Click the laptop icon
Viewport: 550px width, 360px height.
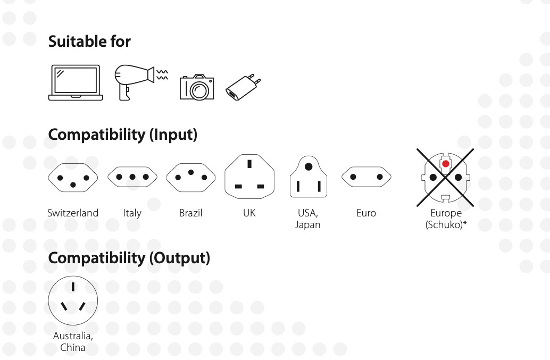click(x=76, y=83)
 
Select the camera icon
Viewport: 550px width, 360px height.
click(x=197, y=87)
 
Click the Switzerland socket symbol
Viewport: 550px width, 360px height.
click(x=73, y=178)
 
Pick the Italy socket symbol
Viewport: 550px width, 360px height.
click(x=132, y=177)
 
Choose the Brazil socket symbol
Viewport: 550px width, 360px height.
click(x=191, y=178)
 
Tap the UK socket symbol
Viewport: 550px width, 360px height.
click(x=249, y=177)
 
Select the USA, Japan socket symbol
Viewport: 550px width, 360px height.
click(x=309, y=177)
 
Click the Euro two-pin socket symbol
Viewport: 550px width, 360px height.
click(x=366, y=177)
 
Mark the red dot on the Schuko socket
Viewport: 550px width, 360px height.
click(x=445, y=164)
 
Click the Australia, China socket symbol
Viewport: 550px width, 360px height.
click(x=73, y=300)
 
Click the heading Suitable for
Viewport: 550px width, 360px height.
click(x=89, y=41)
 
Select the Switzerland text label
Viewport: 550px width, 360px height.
click(x=73, y=213)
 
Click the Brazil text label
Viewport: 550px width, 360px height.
click(x=191, y=213)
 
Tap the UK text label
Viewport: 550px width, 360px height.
click(x=249, y=213)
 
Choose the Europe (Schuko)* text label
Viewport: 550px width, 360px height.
click(x=446, y=219)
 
